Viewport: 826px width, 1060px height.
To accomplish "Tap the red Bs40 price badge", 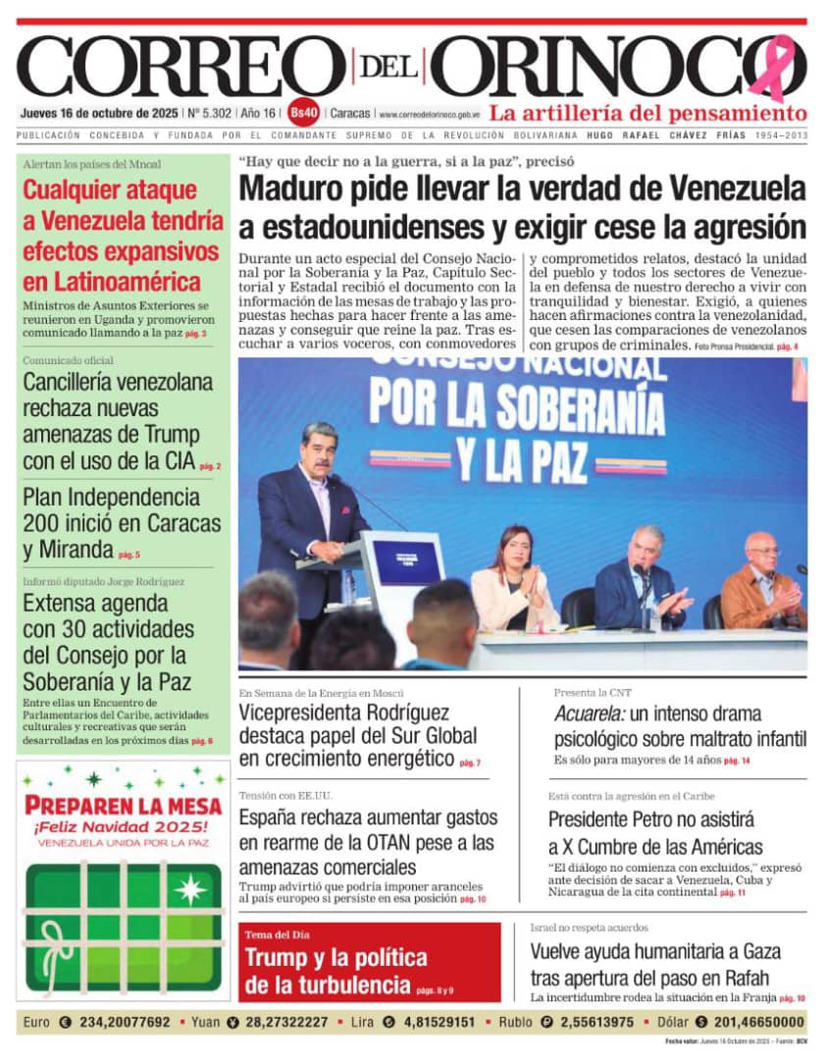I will (x=303, y=113).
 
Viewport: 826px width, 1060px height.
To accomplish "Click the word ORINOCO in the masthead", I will (x=608, y=67).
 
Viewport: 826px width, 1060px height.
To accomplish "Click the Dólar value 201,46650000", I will (x=754, y=1022).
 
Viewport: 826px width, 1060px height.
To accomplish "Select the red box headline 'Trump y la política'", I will (x=336, y=971).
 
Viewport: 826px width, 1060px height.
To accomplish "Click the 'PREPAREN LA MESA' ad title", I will (x=123, y=806).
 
